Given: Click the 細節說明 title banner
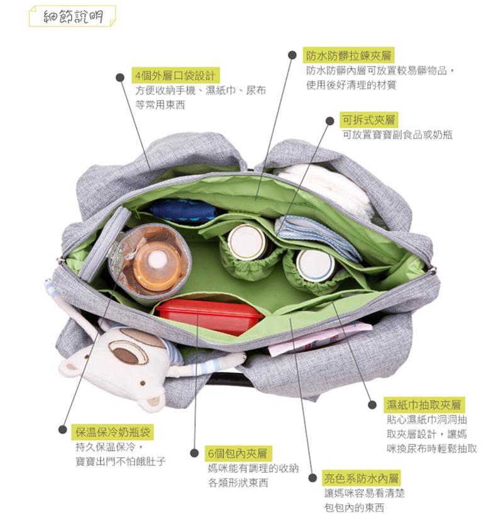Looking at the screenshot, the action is pos(72,16).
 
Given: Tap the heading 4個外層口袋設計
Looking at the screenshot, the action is pos(175,76).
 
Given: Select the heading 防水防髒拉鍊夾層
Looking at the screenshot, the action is pos(348,55).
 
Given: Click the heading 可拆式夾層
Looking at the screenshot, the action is pos(368,120).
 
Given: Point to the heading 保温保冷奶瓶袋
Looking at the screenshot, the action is pos(113,432).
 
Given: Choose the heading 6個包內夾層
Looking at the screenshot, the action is pos(237,454).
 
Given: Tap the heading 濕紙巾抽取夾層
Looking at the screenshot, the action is pos(424,405).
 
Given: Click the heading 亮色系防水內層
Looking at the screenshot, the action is pos(361,478).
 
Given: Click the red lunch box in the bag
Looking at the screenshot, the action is pos(210,316).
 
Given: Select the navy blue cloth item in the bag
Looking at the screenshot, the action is pos(183,210).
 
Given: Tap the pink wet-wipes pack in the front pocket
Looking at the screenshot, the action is pos(320,338).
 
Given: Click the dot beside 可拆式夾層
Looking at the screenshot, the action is pos(329,121).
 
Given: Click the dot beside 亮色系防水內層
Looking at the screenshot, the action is pos(312,478).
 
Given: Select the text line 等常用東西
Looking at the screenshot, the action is pos(160,105).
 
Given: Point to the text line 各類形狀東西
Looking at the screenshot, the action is pos(238,483).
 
